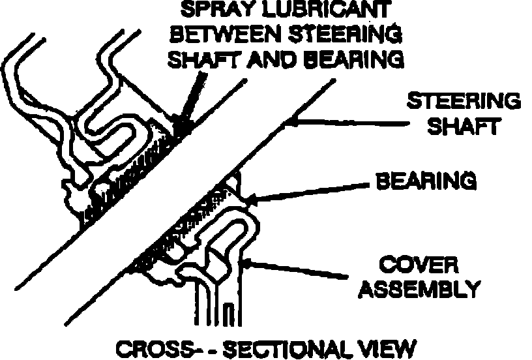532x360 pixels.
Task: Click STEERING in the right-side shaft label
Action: pyautogui.click(x=464, y=101)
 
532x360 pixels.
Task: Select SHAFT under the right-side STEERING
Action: pyautogui.click(x=464, y=125)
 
